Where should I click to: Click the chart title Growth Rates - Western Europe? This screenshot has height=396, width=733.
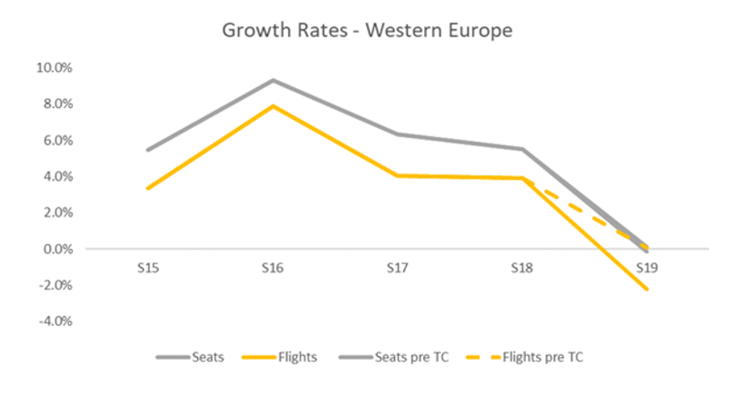pos(367,30)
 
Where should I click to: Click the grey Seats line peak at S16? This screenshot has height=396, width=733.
pos(272,80)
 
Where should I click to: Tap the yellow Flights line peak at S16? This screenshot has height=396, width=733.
pos(272,106)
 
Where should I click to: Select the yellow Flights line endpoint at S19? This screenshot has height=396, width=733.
pos(647,289)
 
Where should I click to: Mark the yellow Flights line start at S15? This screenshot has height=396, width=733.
pos(147,188)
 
